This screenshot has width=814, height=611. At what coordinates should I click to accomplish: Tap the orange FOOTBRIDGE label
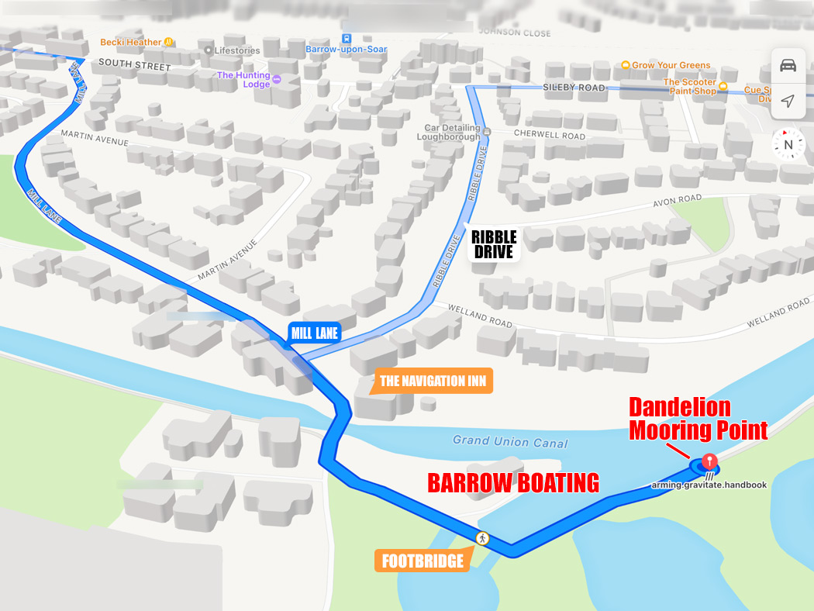pos(423,561)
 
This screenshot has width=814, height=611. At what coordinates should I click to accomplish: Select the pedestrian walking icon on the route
pos(482,538)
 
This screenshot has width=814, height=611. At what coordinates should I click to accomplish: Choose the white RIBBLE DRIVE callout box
pos(493,243)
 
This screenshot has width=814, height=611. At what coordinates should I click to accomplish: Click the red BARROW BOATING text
pos(513,482)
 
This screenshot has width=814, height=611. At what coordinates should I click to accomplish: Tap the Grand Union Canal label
pos(510,442)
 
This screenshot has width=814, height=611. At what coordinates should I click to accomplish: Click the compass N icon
pos(788,144)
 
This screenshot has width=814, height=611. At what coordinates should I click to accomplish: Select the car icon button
pos(788,65)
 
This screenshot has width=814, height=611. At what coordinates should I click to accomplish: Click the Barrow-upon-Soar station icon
pos(347,38)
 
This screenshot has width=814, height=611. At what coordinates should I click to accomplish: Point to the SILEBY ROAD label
pos(574,88)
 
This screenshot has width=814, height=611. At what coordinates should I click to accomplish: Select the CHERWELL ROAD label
pos(550,135)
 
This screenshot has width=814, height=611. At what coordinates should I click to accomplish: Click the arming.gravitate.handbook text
pos(709,485)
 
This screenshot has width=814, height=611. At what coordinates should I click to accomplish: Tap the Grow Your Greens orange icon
pos(625,65)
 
